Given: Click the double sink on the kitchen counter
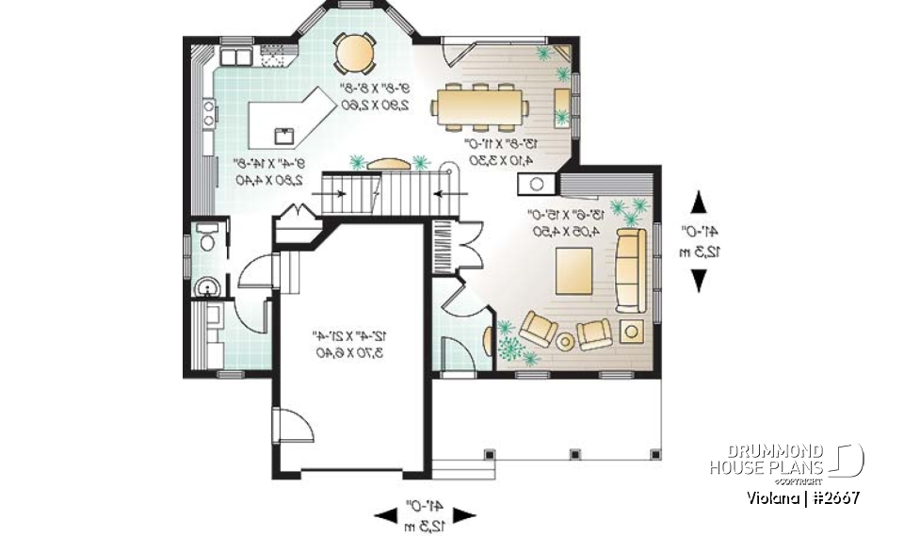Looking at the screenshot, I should [x=234, y=58].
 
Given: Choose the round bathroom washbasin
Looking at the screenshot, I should [x=205, y=286].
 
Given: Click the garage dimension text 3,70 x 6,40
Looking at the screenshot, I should [x=351, y=352].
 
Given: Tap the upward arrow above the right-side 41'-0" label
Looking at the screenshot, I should [x=699, y=202].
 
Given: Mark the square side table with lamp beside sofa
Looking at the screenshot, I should [x=631, y=330].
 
